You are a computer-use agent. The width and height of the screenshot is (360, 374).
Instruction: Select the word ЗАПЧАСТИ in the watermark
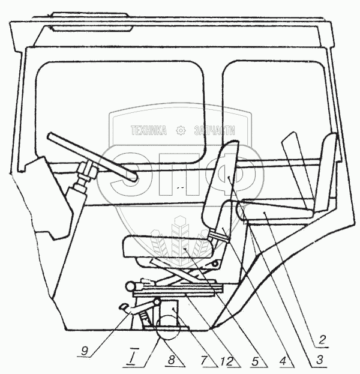coord(214,130)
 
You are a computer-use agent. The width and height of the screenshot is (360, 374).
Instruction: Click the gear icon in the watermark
coord(179,130)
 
